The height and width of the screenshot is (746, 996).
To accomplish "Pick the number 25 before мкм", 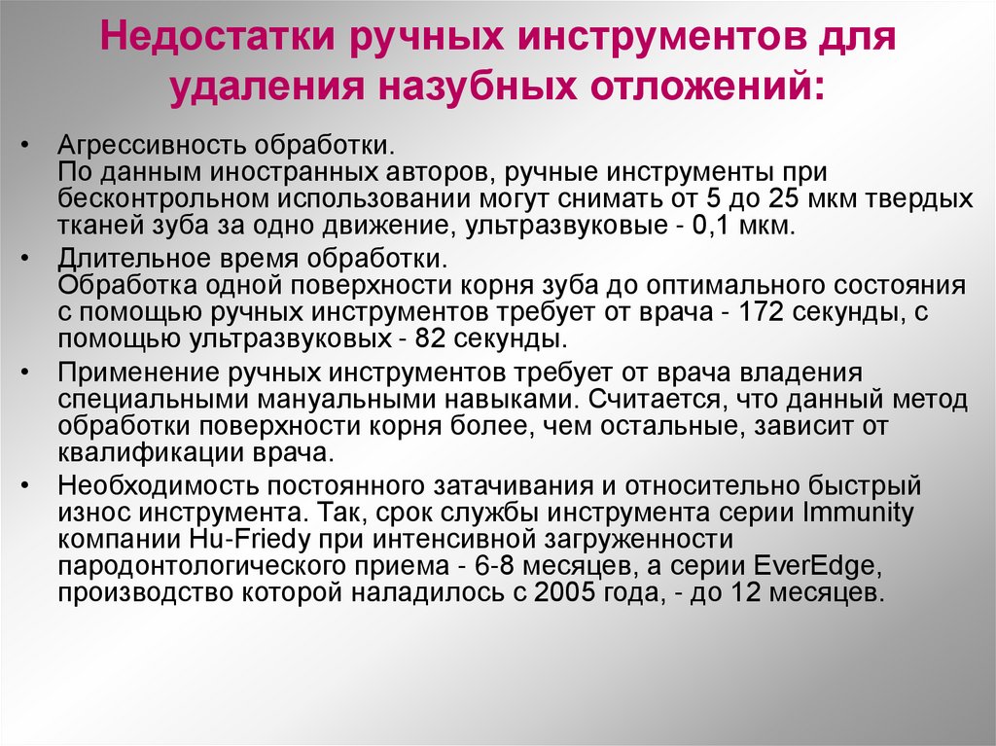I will pyautogui.click(x=772, y=199).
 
